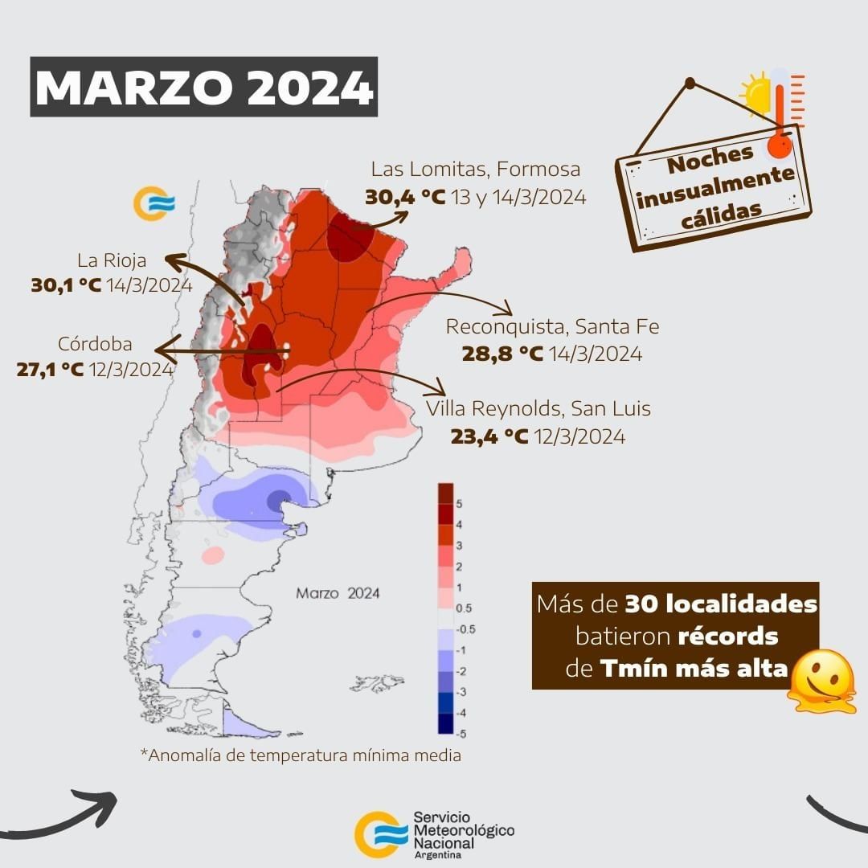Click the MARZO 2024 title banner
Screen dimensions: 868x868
[204, 88]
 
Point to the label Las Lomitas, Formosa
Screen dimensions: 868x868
[476, 170]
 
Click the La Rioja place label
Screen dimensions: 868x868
[112, 260]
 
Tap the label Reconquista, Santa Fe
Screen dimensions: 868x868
[552, 327]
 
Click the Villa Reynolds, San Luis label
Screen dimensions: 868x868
[538, 408]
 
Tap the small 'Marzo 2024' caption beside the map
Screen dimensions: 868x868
[338, 593]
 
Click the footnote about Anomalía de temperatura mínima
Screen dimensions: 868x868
[301, 755]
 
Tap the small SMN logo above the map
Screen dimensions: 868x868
[154, 203]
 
